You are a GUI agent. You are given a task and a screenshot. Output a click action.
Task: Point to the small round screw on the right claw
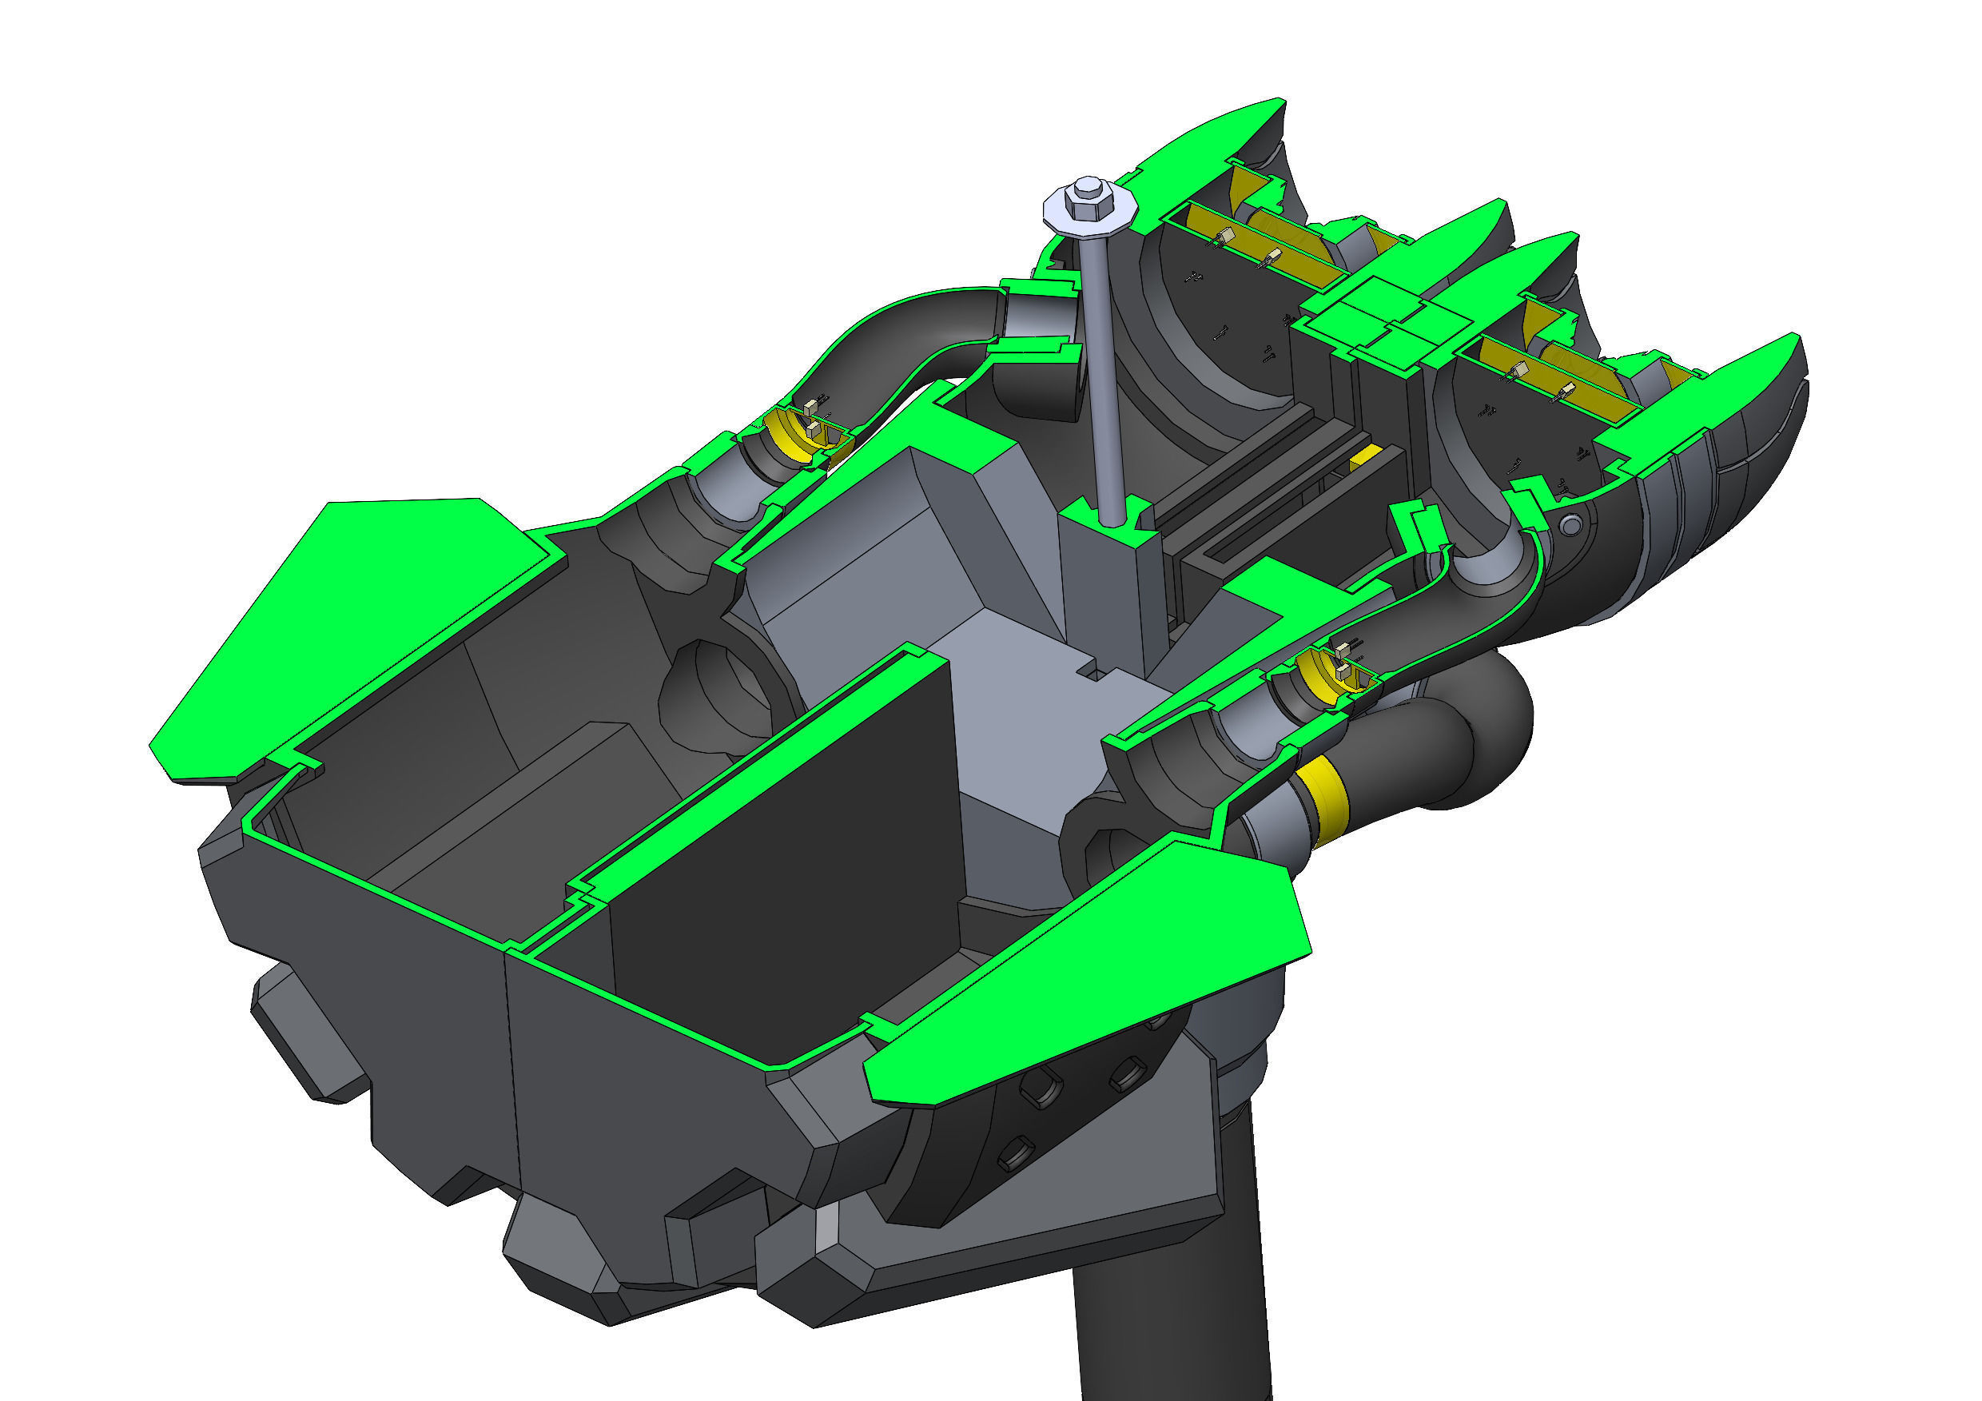(x=1571, y=524)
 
